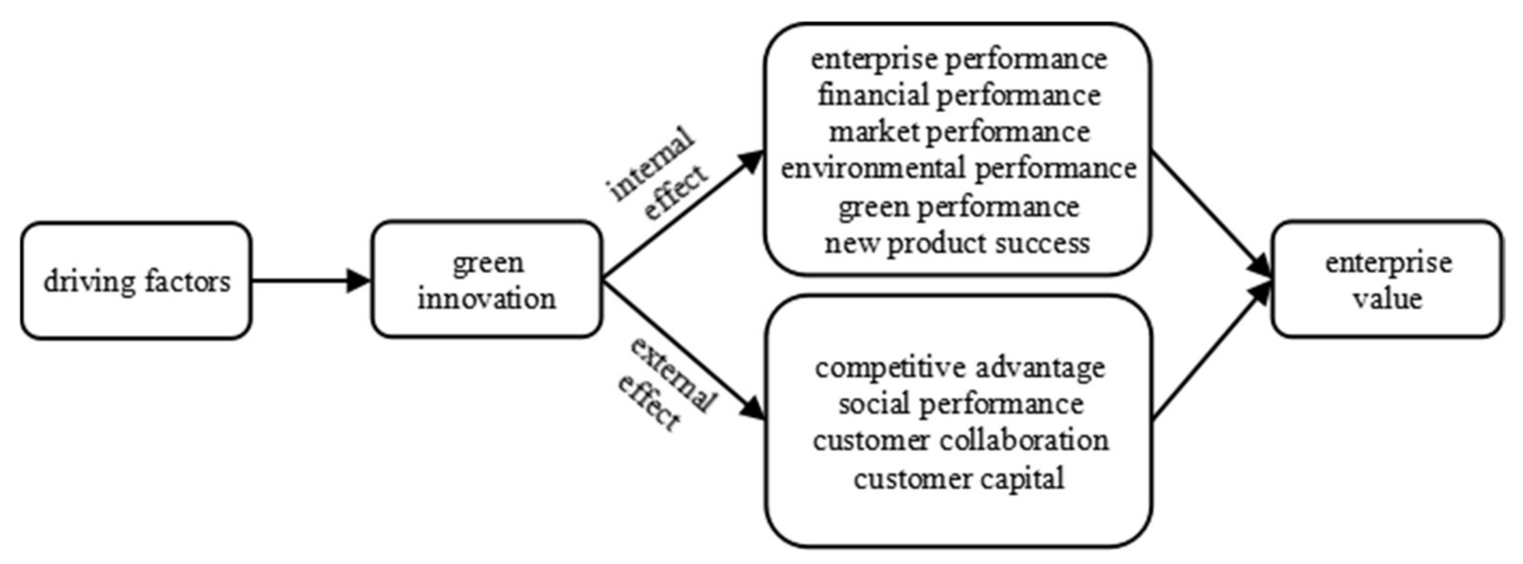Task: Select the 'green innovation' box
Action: [487, 280]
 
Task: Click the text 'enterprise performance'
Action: [958, 59]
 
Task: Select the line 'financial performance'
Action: [958, 96]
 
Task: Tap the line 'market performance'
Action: [958, 133]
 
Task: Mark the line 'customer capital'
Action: [958, 478]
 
